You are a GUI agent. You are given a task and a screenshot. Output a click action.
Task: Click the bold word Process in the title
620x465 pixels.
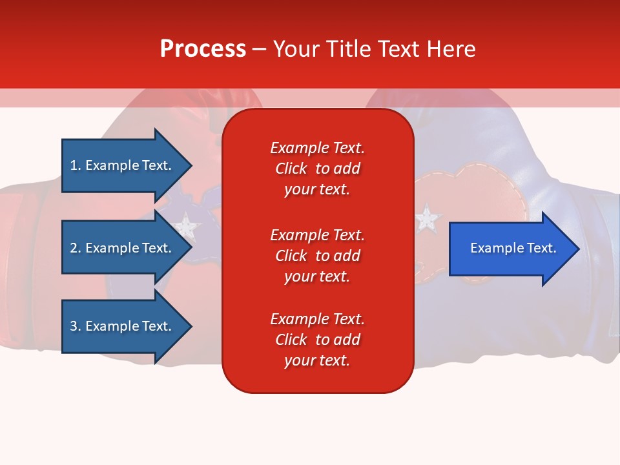[203, 49]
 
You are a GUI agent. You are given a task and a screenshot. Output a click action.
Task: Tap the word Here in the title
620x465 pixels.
[451, 48]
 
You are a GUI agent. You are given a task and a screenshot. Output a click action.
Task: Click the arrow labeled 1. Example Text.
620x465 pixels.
[127, 166]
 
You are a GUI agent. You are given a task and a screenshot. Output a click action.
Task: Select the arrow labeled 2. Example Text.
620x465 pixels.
[127, 247]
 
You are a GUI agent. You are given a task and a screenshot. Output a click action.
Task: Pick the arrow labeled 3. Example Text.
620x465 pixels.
[127, 326]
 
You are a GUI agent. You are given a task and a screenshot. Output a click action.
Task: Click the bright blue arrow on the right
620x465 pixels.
[514, 249]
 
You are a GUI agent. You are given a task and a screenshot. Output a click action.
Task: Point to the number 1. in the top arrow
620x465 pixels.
[76, 165]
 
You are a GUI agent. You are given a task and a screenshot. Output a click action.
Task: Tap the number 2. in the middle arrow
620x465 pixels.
[76, 248]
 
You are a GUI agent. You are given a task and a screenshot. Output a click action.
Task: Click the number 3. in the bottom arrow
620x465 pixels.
[76, 326]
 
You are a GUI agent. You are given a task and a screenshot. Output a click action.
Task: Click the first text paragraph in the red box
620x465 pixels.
[318, 169]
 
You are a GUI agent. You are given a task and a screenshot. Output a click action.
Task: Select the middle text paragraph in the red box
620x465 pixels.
[318, 256]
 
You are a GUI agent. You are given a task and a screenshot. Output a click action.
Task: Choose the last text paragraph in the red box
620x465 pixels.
[318, 340]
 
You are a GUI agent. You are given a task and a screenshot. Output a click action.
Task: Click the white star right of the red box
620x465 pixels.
[427, 218]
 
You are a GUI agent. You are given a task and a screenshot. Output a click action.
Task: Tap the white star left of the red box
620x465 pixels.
[186, 227]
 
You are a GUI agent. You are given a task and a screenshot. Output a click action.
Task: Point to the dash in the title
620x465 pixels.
[260, 50]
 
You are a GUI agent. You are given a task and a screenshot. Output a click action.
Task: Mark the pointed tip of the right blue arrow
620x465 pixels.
[580, 249]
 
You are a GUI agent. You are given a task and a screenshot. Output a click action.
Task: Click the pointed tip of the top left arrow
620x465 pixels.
[192, 166]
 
